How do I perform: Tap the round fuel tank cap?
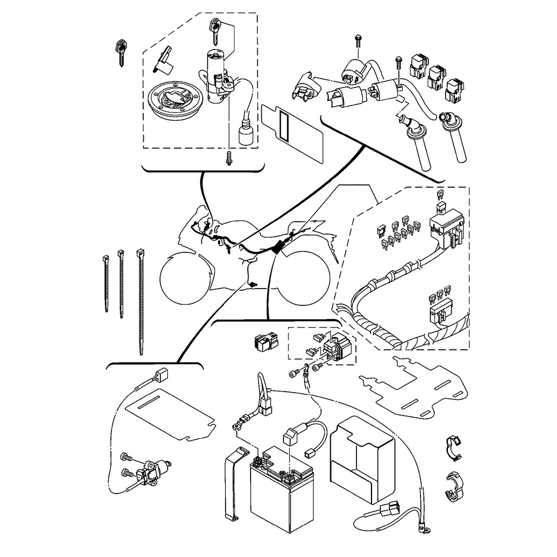[x=172, y=101]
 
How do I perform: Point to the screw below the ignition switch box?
[x=229, y=159]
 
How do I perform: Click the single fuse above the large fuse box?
[x=441, y=195]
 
